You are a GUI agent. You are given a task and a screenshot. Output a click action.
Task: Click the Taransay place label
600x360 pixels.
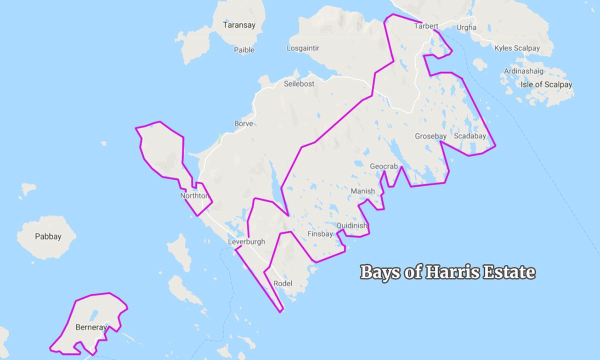click(x=239, y=24)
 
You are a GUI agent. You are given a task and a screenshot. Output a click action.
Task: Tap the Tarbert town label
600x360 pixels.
click(x=426, y=26)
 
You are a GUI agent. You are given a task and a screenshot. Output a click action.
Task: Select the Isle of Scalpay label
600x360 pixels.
click(x=546, y=84)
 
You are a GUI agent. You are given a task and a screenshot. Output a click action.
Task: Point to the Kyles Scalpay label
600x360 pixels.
click(x=517, y=48)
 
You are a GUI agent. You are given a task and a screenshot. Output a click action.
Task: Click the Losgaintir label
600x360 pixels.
click(x=303, y=48)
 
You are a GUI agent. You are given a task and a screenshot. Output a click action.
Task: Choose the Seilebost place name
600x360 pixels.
click(x=299, y=84)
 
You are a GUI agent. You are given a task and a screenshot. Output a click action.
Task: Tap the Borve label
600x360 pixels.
click(x=243, y=123)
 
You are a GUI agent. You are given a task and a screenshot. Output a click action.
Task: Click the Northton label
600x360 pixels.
click(x=194, y=196)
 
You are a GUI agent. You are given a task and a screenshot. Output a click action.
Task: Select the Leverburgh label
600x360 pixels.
click(x=246, y=242)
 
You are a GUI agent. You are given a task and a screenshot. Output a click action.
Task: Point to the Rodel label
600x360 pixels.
click(x=283, y=284)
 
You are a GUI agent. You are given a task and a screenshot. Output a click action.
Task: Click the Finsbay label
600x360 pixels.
click(x=320, y=233)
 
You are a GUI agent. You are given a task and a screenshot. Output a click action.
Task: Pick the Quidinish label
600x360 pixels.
click(x=352, y=225)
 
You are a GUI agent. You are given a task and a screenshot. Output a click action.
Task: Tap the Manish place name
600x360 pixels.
click(x=362, y=191)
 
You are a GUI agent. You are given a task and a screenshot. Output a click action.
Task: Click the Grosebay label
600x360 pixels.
click(x=431, y=136)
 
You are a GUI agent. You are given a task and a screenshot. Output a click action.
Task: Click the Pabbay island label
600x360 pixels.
click(x=48, y=236)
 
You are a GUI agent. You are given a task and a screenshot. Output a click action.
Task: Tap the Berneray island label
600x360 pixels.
click(x=90, y=327)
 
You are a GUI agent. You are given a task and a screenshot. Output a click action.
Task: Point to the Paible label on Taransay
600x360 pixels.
click(x=244, y=50)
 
